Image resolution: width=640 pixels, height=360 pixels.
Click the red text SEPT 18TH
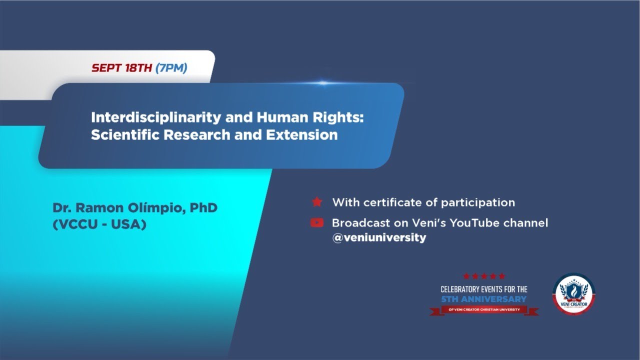121,68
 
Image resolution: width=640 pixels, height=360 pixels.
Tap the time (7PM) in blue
171,68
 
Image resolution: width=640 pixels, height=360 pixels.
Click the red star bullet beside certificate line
316,202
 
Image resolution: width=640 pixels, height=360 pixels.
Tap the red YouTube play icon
316,222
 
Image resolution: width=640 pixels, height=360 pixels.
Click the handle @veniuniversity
379,238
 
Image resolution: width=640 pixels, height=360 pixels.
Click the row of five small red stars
483,276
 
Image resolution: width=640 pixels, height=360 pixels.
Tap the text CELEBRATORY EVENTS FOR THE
483,289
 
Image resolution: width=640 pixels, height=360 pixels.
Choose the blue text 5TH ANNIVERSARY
483,299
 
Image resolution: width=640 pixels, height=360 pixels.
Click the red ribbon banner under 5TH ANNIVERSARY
483,310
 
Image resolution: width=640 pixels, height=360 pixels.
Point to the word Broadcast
358,222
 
